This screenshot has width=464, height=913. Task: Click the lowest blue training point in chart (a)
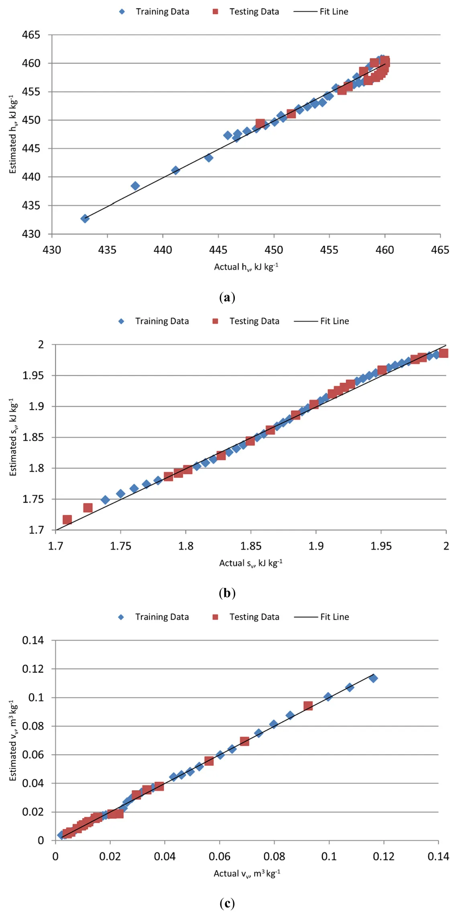(85, 219)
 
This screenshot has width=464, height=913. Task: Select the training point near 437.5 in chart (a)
(135, 186)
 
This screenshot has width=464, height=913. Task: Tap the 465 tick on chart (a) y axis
(31, 35)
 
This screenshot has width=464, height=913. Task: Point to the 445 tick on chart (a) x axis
(218, 250)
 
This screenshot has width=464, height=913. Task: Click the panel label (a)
(227, 297)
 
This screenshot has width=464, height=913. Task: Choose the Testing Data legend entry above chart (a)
(246, 12)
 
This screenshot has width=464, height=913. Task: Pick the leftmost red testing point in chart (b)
(67, 520)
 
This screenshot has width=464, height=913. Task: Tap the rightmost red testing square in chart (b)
(444, 353)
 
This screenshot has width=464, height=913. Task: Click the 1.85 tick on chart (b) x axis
(250, 546)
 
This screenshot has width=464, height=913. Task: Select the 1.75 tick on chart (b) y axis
(33, 499)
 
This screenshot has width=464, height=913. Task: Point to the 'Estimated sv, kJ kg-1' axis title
(13, 437)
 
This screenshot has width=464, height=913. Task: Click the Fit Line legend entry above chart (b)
(322, 321)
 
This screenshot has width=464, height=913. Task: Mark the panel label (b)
(227, 593)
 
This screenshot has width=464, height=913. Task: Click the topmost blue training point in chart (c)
(373, 678)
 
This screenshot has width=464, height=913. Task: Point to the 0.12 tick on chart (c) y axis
(33, 669)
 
